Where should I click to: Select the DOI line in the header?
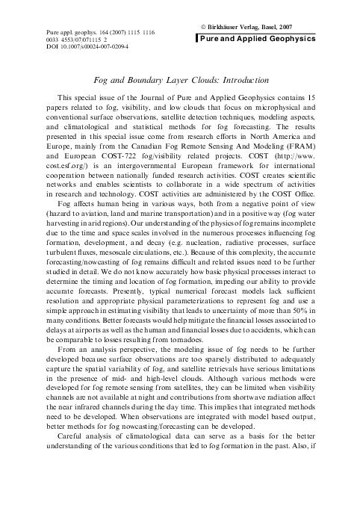tap(82, 46)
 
